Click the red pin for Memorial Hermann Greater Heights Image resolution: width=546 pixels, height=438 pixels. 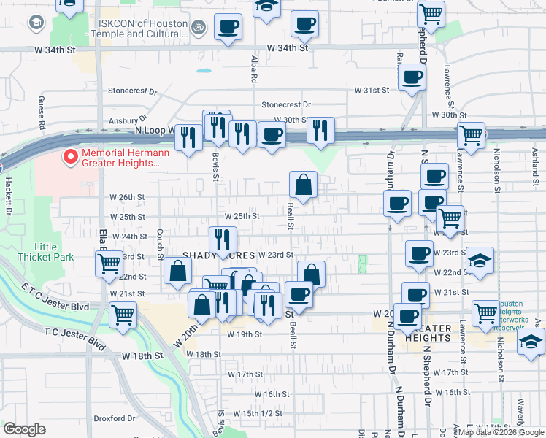70,157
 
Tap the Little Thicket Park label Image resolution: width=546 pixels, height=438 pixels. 57,252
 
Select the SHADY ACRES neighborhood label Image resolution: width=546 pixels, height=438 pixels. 218,255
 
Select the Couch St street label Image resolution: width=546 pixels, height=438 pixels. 159,244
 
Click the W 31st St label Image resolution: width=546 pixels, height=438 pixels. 372,90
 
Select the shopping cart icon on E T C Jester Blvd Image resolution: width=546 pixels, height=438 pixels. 123,315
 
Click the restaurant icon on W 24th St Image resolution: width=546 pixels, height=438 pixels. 223,239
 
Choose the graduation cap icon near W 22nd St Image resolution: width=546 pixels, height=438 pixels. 480,261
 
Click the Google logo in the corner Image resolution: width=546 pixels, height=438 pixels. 24,429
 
